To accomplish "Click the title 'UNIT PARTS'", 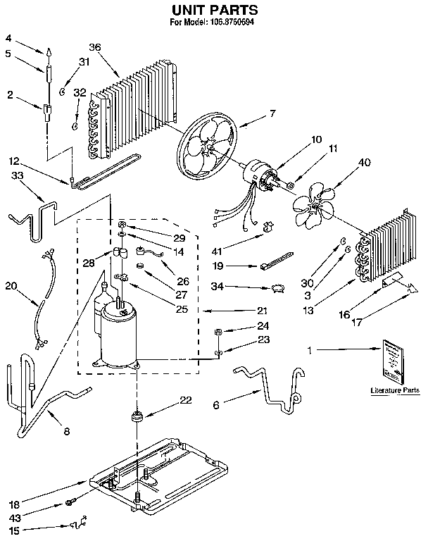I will tap(214, 10).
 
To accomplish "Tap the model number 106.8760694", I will tap(233, 23).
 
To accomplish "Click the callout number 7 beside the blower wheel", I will tap(272, 113).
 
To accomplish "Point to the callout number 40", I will tap(364, 163).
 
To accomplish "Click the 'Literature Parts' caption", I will tap(394, 390).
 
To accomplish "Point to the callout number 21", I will tap(263, 310).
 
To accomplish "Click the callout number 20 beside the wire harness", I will tap(10, 286).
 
